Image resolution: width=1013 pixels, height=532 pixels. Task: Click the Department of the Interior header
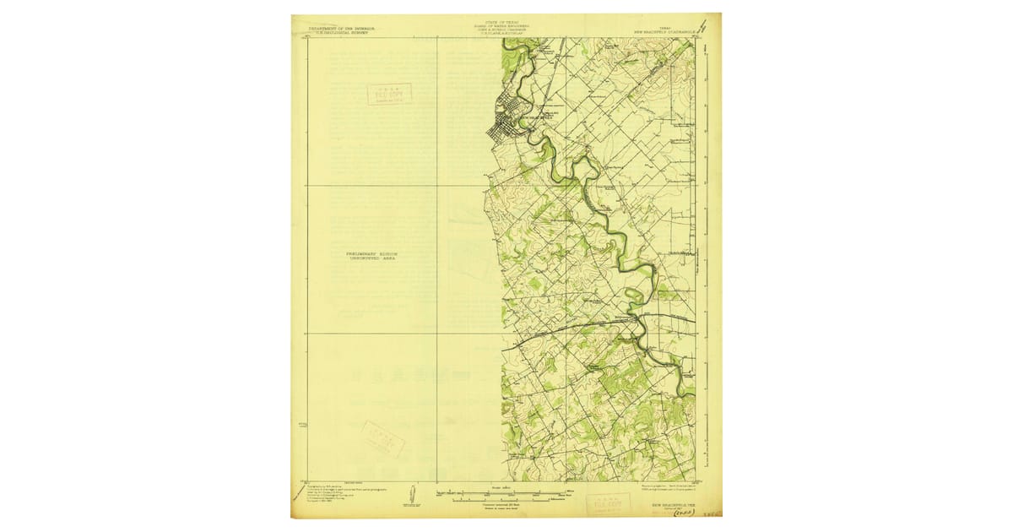(343, 28)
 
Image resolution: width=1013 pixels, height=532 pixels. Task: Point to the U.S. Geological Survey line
(343, 33)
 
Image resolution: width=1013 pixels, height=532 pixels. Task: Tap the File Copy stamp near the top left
(389, 95)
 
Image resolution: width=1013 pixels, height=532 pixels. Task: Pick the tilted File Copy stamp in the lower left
(382, 438)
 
